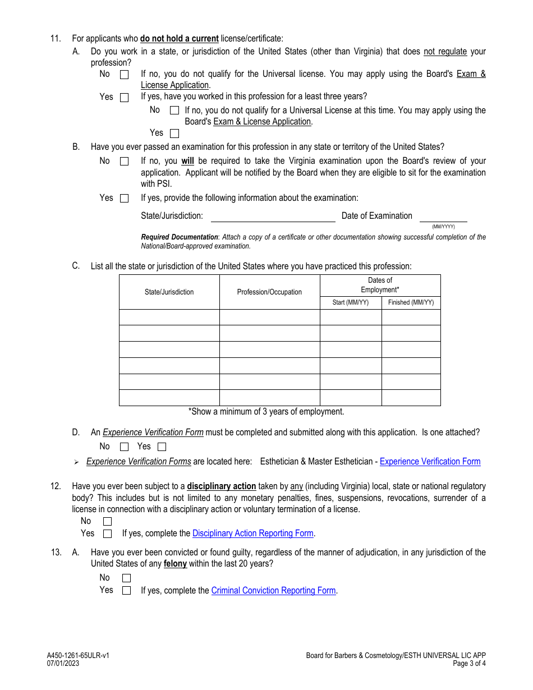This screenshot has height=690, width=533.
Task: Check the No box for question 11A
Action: pyautogui.click(x=124, y=74)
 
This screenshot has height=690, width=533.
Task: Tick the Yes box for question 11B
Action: pyautogui.click(x=124, y=198)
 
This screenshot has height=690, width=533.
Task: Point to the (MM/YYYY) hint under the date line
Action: pyautogui.click(x=443, y=227)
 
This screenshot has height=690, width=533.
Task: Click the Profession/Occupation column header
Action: pyautogui.click(x=269, y=292)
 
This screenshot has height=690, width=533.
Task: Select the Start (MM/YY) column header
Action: pyautogui.click(x=351, y=302)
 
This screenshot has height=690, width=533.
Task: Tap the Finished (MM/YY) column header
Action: pyautogui.click(x=411, y=302)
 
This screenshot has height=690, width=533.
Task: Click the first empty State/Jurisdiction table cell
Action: pyautogui.click(x=169, y=317)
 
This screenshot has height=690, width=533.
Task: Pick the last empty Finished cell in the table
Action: pyautogui.click(x=411, y=398)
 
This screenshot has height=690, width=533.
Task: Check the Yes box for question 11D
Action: pyautogui.click(x=162, y=447)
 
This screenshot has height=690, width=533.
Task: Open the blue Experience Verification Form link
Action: pyautogui.click(x=430, y=462)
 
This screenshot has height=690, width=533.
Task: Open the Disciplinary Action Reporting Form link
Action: pyautogui.click(x=252, y=533)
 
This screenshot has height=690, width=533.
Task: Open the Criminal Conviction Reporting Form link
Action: pyautogui.click(x=273, y=591)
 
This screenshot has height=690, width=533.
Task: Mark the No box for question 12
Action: pyautogui.click(x=107, y=521)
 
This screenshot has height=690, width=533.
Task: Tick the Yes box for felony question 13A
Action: pyautogui.click(x=126, y=591)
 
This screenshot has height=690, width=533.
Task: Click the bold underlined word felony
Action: pyautogui.click(x=175, y=564)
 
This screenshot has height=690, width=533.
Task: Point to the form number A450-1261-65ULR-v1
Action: pyautogui.click(x=78, y=655)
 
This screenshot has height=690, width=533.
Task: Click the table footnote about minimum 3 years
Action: pyautogui.click(x=266, y=412)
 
